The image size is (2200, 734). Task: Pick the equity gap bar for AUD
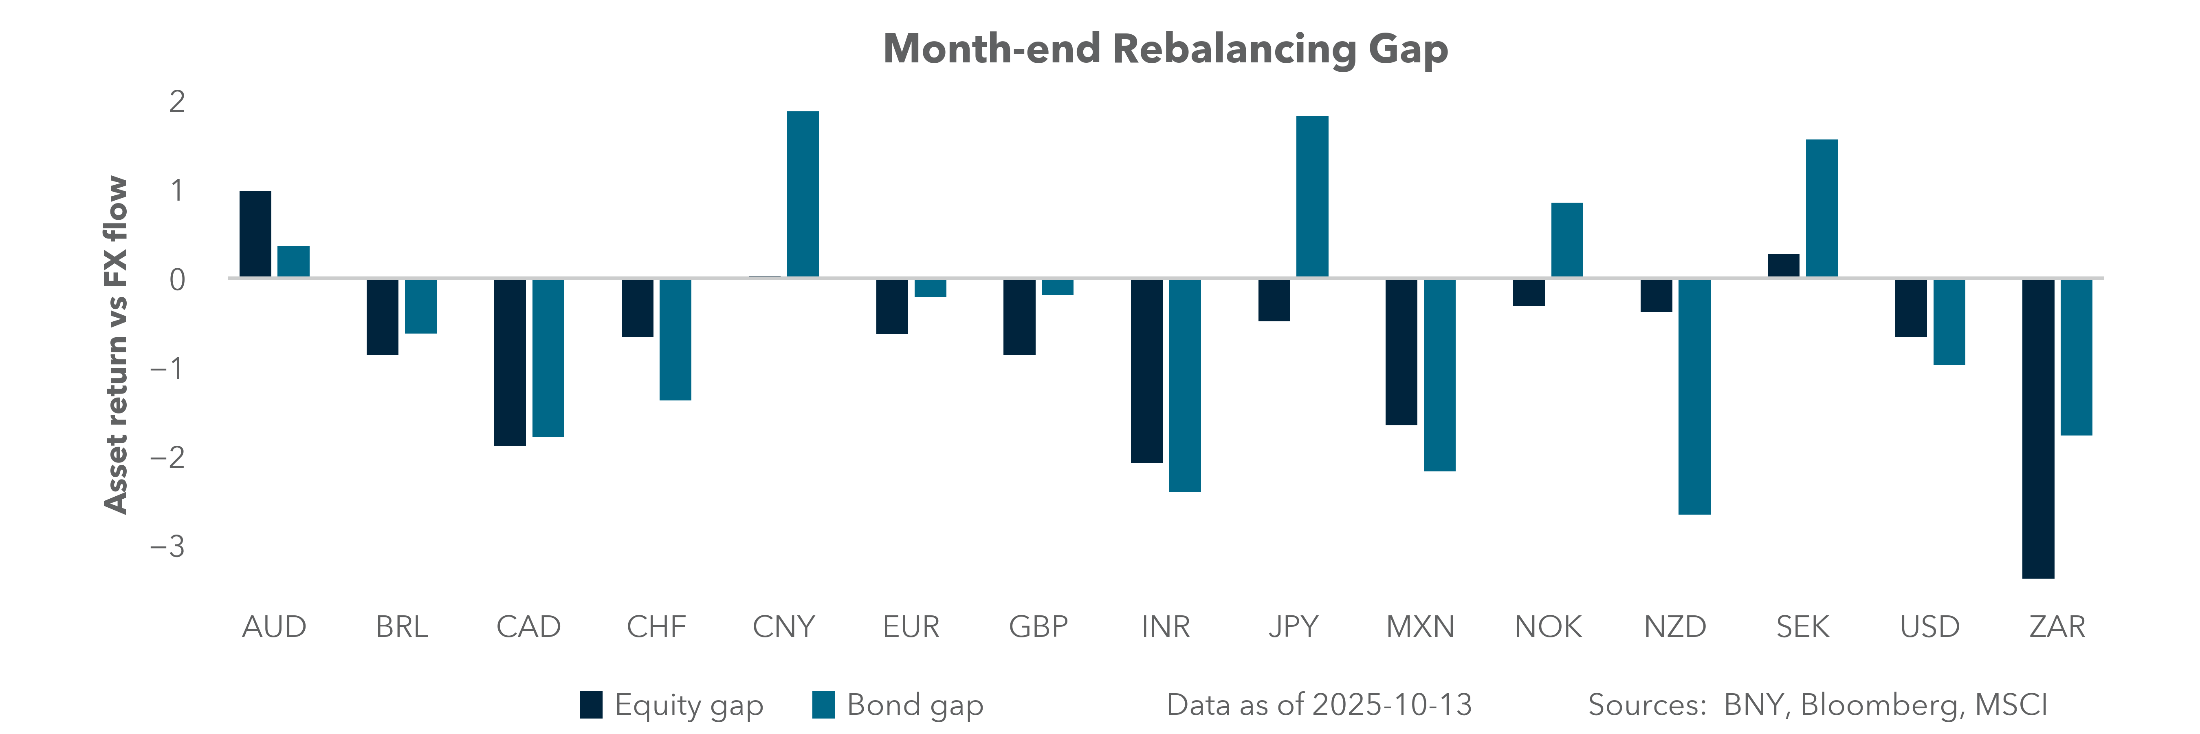255,234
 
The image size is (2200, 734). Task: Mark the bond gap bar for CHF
675,339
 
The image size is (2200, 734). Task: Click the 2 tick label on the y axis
177,102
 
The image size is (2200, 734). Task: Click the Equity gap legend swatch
591,705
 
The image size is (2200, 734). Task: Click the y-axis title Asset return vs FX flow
115,344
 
